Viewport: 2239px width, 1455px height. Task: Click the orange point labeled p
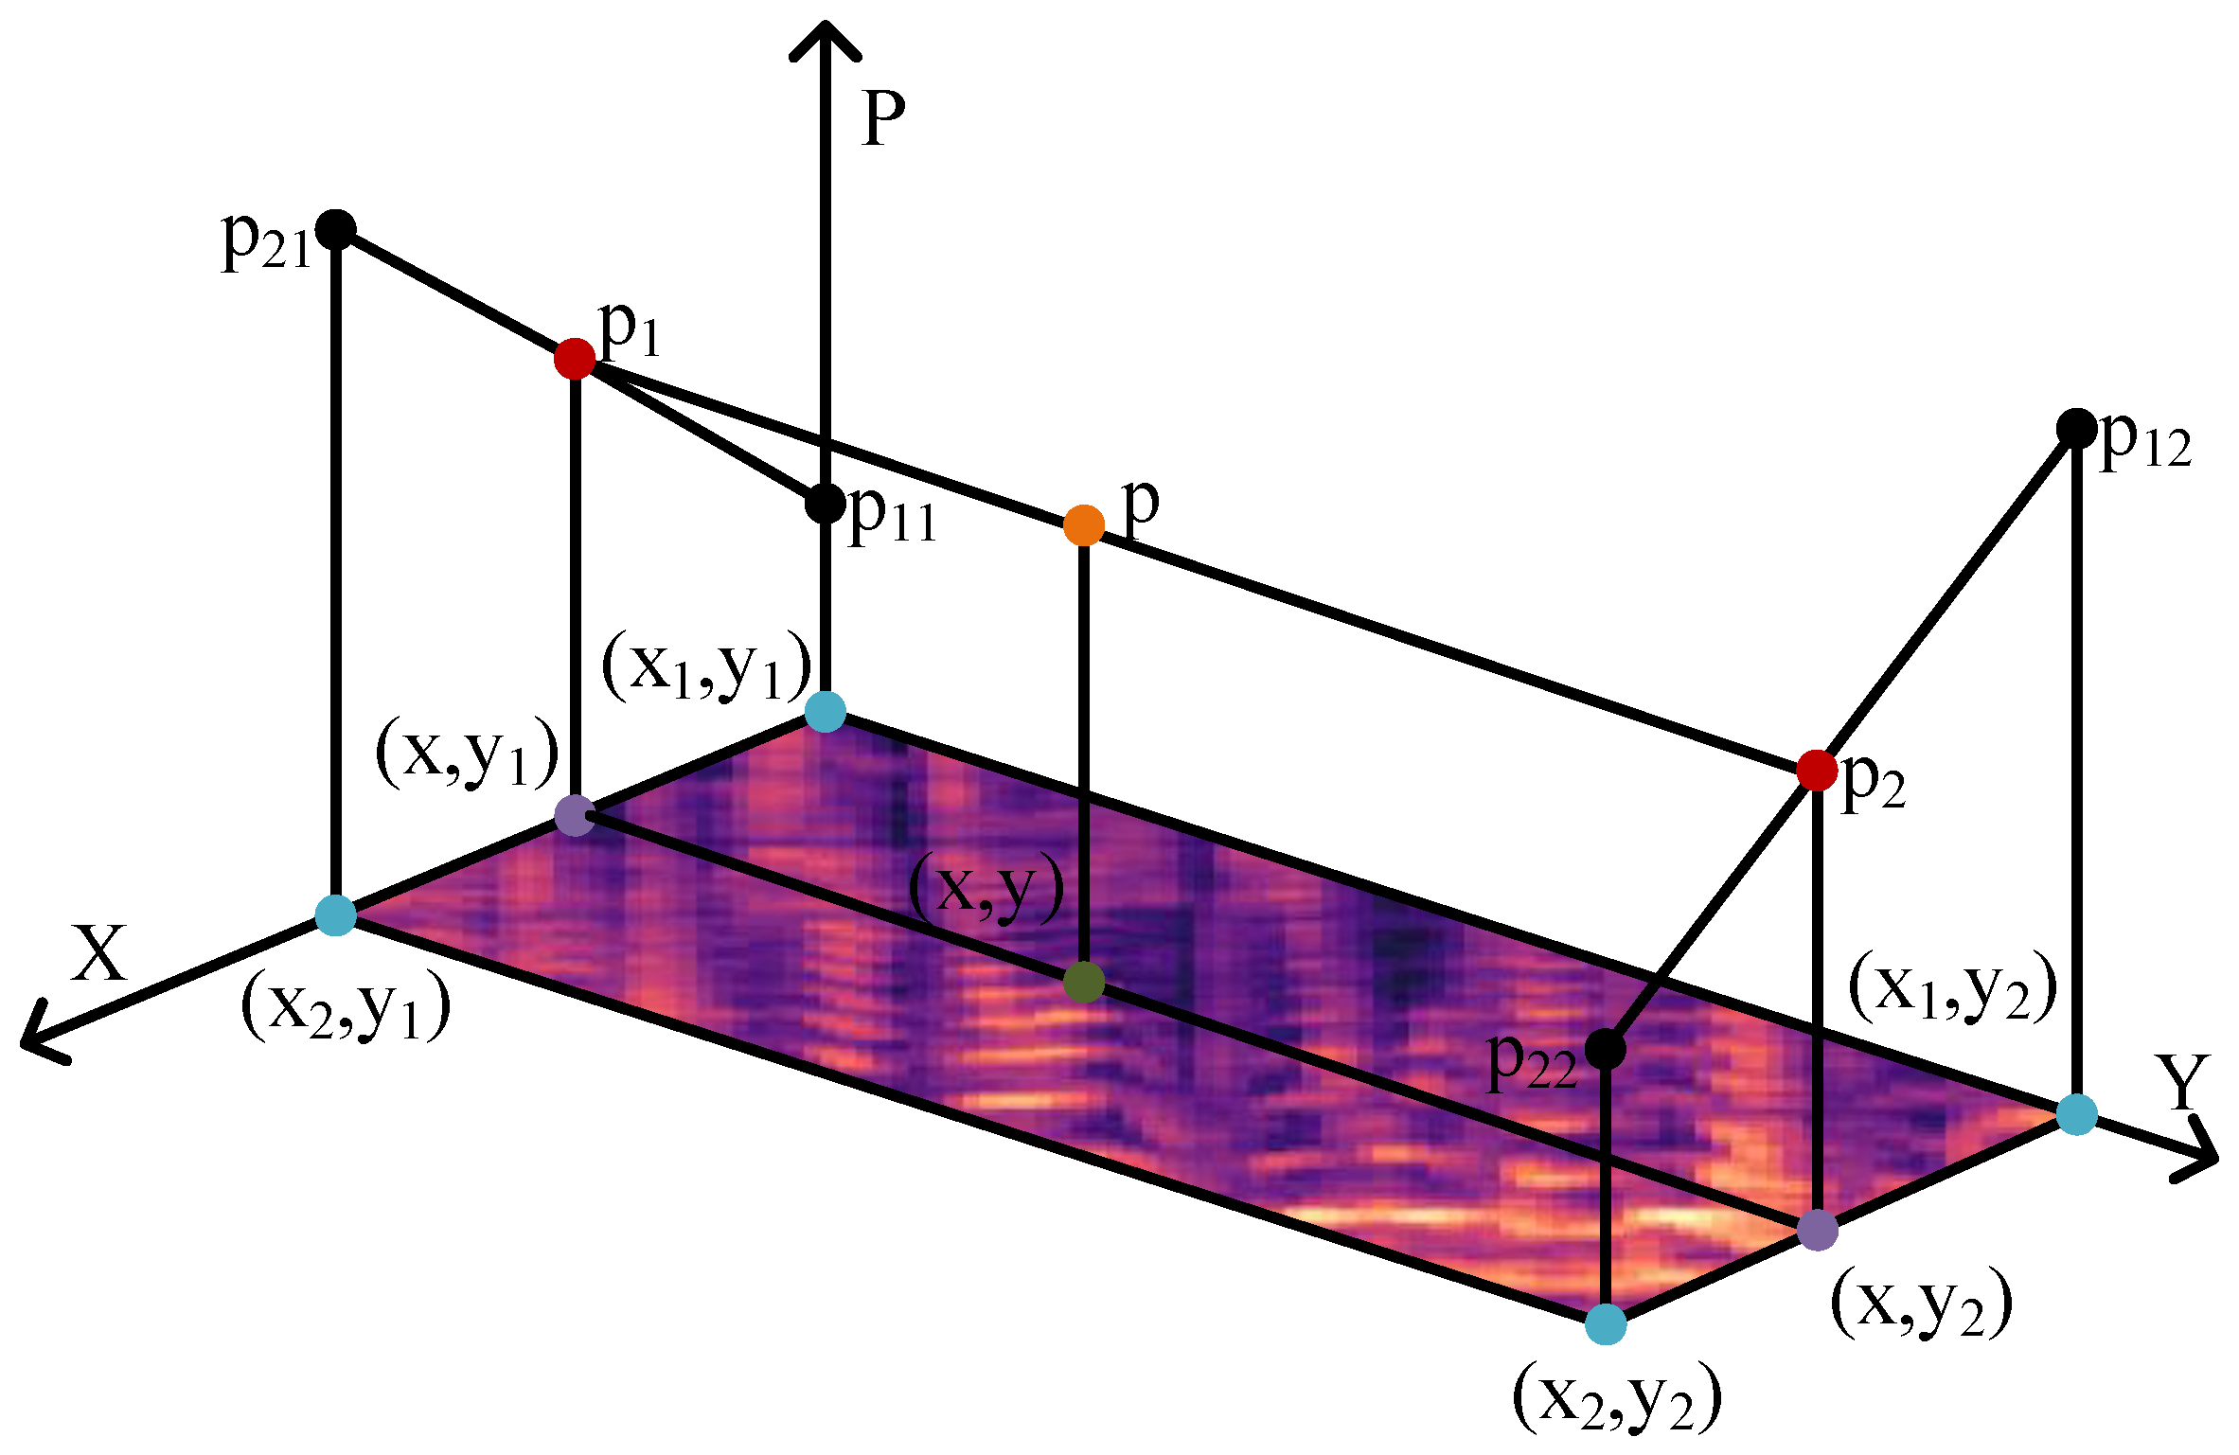pyautogui.click(x=1084, y=524)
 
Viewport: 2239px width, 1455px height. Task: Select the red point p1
pyautogui.click(x=575, y=359)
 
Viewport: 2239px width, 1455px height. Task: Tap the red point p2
pyautogui.click(x=1817, y=770)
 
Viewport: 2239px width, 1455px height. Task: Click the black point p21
pyautogui.click(x=335, y=229)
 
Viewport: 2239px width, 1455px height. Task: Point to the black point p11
pyautogui.click(x=825, y=503)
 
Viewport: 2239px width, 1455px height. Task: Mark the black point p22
pyautogui.click(x=1605, y=1048)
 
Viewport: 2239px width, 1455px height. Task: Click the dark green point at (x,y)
pyautogui.click(x=1084, y=982)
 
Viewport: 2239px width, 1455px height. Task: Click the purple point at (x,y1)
pyautogui.click(x=575, y=815)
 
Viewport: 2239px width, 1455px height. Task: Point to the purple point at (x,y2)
pyautogui.click(x=1817, y=1230)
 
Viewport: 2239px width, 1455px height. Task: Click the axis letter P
pyautogui.click(x=883, y=120)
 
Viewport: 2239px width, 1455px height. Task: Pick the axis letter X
pyautogui.click(x=98, y=953)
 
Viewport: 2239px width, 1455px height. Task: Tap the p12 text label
pyautogui.click(x=2145, y=441)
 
